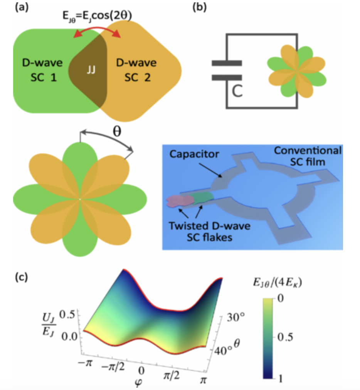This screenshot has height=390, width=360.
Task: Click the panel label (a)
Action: [22, 7]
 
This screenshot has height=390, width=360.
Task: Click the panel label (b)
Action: [200, 7]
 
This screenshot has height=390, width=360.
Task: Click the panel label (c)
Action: [22, 277]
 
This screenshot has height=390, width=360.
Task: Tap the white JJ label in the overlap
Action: [91, 70]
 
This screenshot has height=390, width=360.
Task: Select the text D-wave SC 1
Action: [42, 70]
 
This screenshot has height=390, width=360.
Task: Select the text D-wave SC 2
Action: [136, 70]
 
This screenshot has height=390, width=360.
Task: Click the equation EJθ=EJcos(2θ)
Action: [97, 16]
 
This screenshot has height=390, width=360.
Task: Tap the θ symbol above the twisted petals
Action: [117, 131]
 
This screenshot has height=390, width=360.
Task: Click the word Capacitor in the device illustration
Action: [194, 154]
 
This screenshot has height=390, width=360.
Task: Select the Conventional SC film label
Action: [308, 156]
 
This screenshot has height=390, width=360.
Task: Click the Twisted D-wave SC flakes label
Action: [209, 232]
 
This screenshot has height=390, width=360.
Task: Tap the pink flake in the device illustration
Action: [180, 201]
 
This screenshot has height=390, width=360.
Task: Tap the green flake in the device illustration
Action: [203, 198]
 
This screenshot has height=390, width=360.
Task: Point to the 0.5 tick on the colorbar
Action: [285, 337]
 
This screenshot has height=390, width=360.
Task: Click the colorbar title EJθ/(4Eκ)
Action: [277, 283]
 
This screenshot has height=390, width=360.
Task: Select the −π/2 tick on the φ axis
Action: [113, 366]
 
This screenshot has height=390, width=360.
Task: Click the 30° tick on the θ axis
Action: [236, 318]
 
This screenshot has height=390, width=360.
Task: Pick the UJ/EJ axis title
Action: [49, 324]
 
